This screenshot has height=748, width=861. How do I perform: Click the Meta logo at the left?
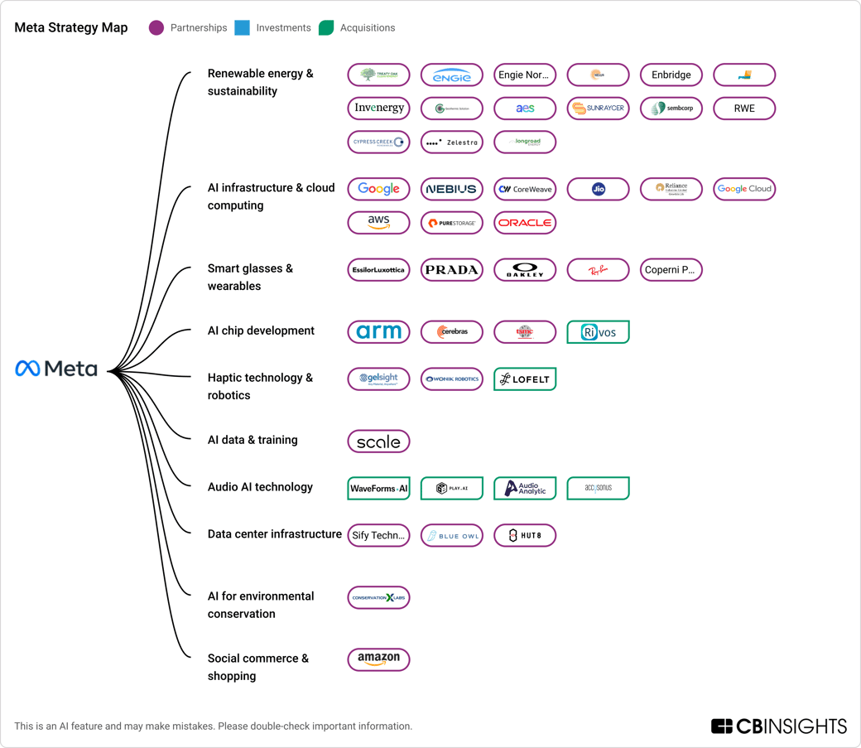56,369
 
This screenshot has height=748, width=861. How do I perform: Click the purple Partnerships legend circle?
156,28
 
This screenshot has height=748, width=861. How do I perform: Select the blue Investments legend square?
242,28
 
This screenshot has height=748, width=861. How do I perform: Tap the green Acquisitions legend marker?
326,28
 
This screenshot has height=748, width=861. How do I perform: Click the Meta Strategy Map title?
71,28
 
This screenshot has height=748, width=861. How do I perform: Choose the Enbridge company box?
671,75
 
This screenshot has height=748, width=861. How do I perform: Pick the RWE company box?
744,109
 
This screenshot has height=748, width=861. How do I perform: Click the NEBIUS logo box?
451,190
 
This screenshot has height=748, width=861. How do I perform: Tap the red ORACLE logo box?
525,223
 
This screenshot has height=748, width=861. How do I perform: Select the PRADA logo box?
451,270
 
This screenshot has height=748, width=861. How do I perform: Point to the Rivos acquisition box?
598,332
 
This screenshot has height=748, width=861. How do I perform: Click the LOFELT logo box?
525,379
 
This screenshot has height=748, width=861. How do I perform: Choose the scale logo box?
378,442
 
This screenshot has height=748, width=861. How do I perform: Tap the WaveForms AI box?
378,489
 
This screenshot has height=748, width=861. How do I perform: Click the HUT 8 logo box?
525,536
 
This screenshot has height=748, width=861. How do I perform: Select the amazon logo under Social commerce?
378,660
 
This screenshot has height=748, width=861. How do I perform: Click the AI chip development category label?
261,331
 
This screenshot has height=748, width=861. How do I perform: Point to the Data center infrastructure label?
274,534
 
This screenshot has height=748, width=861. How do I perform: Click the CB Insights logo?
778,726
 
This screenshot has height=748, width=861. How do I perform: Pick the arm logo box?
378,332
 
